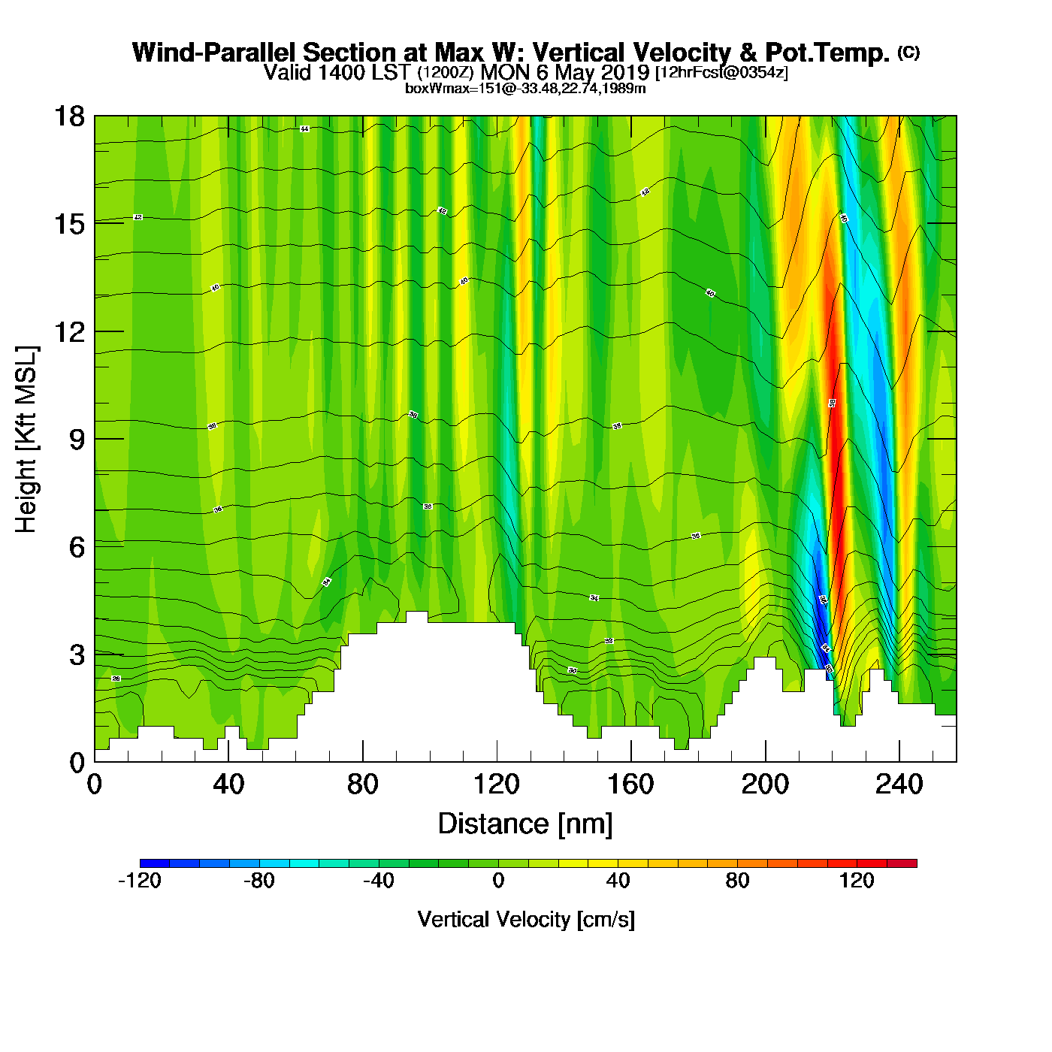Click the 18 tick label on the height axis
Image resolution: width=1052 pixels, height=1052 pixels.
pos(68,116)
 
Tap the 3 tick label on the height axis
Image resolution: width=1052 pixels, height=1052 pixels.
pos(77,654)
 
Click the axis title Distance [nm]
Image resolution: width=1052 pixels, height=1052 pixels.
pos(525,824)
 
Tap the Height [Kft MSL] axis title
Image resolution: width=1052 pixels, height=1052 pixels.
pos(26,440)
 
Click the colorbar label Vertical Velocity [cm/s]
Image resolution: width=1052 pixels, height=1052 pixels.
pos(526,920)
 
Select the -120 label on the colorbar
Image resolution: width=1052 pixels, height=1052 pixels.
pos(140,881)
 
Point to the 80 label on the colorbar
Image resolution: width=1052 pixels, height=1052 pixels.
pos(737,881)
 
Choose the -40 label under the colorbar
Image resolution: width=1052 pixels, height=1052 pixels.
pos(379,881)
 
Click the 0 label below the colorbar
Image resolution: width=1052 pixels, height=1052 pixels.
pos(498,881)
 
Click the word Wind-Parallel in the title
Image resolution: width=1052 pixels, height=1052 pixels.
pos(215,53)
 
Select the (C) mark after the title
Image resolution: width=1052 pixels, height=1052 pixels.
pos(908,52)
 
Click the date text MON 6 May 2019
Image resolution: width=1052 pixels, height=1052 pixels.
pos(564,72)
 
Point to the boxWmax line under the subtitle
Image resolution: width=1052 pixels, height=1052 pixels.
pos(525,88)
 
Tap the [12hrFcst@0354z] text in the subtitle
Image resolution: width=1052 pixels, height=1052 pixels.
pos(721,73)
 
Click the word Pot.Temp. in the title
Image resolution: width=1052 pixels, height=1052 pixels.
pos(827,53)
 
